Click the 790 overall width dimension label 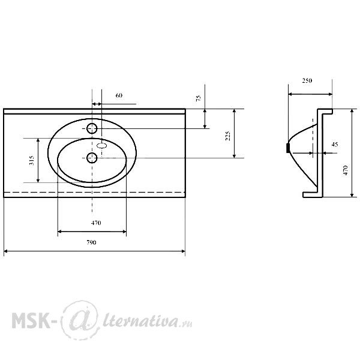[91, 242]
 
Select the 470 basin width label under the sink [96, 223]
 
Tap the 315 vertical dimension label [32, 160]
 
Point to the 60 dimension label [119, 95]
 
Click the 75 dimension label [199, 98]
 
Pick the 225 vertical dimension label [227, 136]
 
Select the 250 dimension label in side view [307, 80]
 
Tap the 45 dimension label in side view [335, 145]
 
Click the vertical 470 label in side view [346, 170]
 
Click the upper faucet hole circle [92, 128]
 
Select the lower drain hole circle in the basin [92, 158]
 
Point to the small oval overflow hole [102, 145]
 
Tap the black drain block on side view [287, 148]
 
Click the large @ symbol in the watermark [80, 320]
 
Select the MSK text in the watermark [31, 320]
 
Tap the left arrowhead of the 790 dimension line [6, 251]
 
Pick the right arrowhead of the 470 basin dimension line [124, 232]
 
